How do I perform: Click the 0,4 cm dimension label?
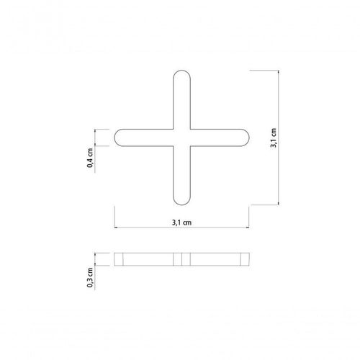[90, 158]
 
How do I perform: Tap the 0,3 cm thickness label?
[90, 277]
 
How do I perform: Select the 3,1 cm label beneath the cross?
[181, 222]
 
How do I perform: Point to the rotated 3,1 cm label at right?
[274, 138]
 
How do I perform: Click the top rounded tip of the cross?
[181, 71]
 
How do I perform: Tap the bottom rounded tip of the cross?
[181, 205]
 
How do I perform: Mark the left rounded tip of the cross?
[114, 138]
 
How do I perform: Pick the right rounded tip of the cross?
[249, 138]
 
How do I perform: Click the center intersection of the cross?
[181, 138]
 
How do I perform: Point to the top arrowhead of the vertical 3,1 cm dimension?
[279, 71]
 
